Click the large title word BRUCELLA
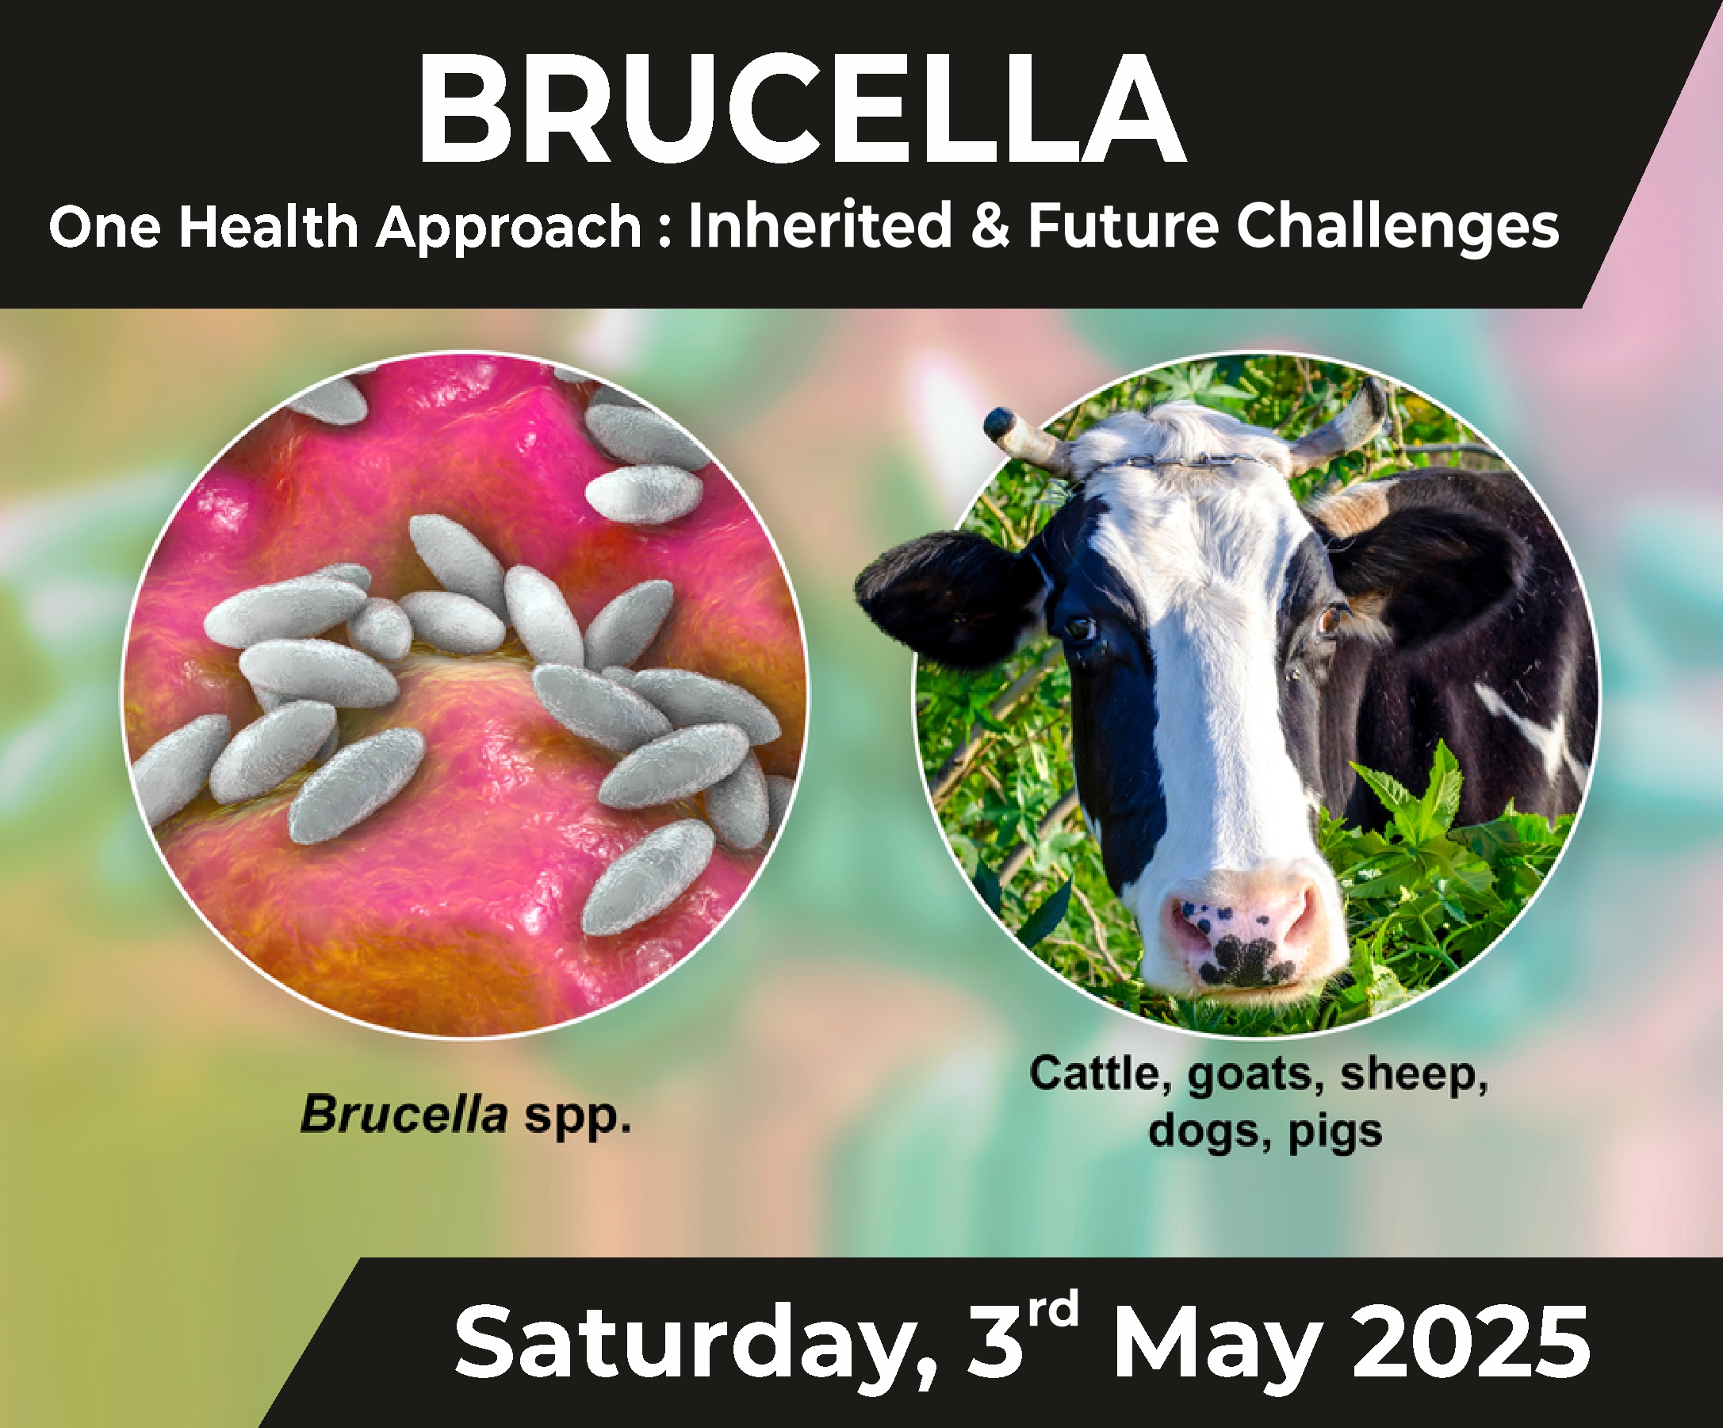click(x=802, y=109)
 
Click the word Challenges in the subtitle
click(x=1397, y=228)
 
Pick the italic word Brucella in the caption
click(x=404, y=1115)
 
